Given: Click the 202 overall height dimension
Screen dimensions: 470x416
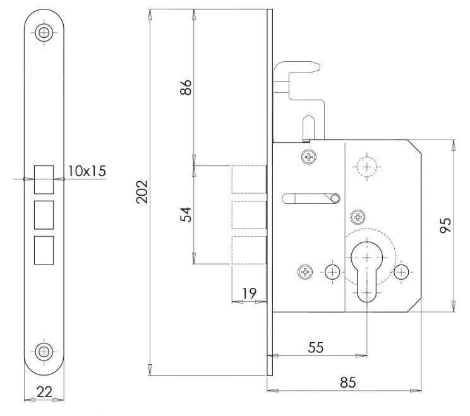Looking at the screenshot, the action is tap(142, 192).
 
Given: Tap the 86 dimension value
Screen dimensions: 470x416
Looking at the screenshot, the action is tap(186, 87).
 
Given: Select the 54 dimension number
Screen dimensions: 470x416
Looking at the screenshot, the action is tap(186, 214).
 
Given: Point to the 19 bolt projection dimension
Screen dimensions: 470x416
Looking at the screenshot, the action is tap(250, 294).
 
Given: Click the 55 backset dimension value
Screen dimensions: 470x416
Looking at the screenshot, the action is tap(316, 347).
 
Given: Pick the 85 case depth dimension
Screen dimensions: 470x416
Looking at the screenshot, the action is tap(347, 383).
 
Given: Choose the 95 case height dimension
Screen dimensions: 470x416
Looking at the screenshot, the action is tap(445, 225).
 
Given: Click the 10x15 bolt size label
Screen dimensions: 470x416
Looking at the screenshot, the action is tap(87, 171).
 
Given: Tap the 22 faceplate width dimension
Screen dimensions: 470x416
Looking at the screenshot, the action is tap(44, 392).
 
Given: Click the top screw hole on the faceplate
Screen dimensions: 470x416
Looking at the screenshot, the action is tap(44, 32).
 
